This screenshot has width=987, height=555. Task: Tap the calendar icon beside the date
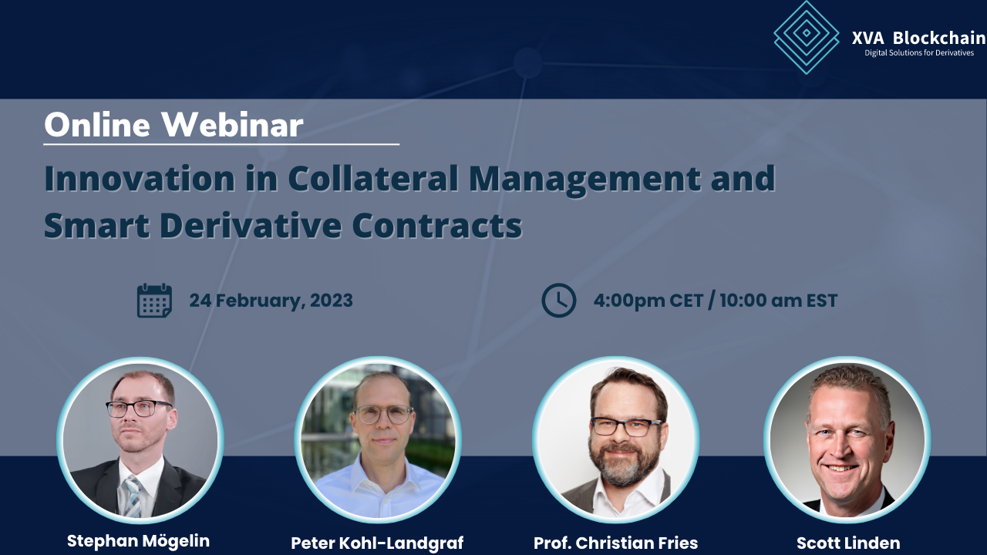154,301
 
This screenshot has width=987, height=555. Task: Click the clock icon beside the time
559,301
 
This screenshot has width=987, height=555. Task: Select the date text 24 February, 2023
271,300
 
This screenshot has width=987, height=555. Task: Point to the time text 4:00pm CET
647,300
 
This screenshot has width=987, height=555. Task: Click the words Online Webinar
173,125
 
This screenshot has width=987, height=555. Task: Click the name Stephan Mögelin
138,541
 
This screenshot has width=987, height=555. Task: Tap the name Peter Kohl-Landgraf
377,543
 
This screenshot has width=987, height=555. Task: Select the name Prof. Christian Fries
615,543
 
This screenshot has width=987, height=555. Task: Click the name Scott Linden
848,543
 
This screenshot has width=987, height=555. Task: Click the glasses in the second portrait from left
383,414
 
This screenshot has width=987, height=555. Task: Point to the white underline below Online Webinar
221,144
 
